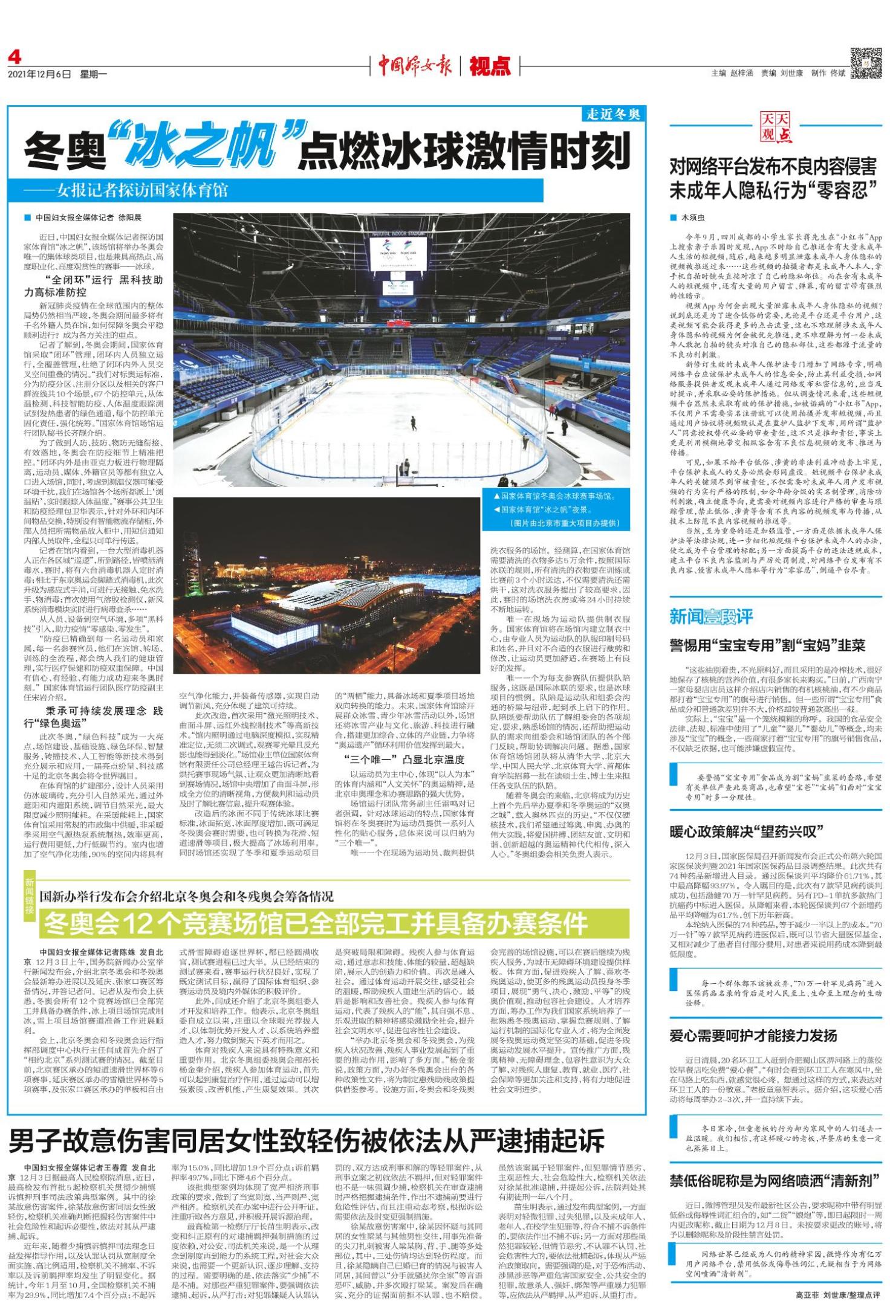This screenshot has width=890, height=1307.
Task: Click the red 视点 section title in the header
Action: (x=490, y=65)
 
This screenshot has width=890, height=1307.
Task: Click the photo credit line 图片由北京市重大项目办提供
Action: (x=565, y=523)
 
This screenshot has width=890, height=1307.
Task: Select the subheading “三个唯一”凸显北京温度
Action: (x=404, y=760)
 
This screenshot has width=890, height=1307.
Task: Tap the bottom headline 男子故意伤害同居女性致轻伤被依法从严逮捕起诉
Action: (x=307, y=1140)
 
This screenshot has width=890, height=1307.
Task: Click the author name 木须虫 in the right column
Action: (x=693, y=218)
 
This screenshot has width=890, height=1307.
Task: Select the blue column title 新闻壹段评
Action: (x=711, y=616)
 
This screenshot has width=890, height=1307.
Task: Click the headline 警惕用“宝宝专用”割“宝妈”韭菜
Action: (x=767, y=645)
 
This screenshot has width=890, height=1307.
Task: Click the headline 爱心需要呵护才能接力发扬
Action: (x=753, y=1036)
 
